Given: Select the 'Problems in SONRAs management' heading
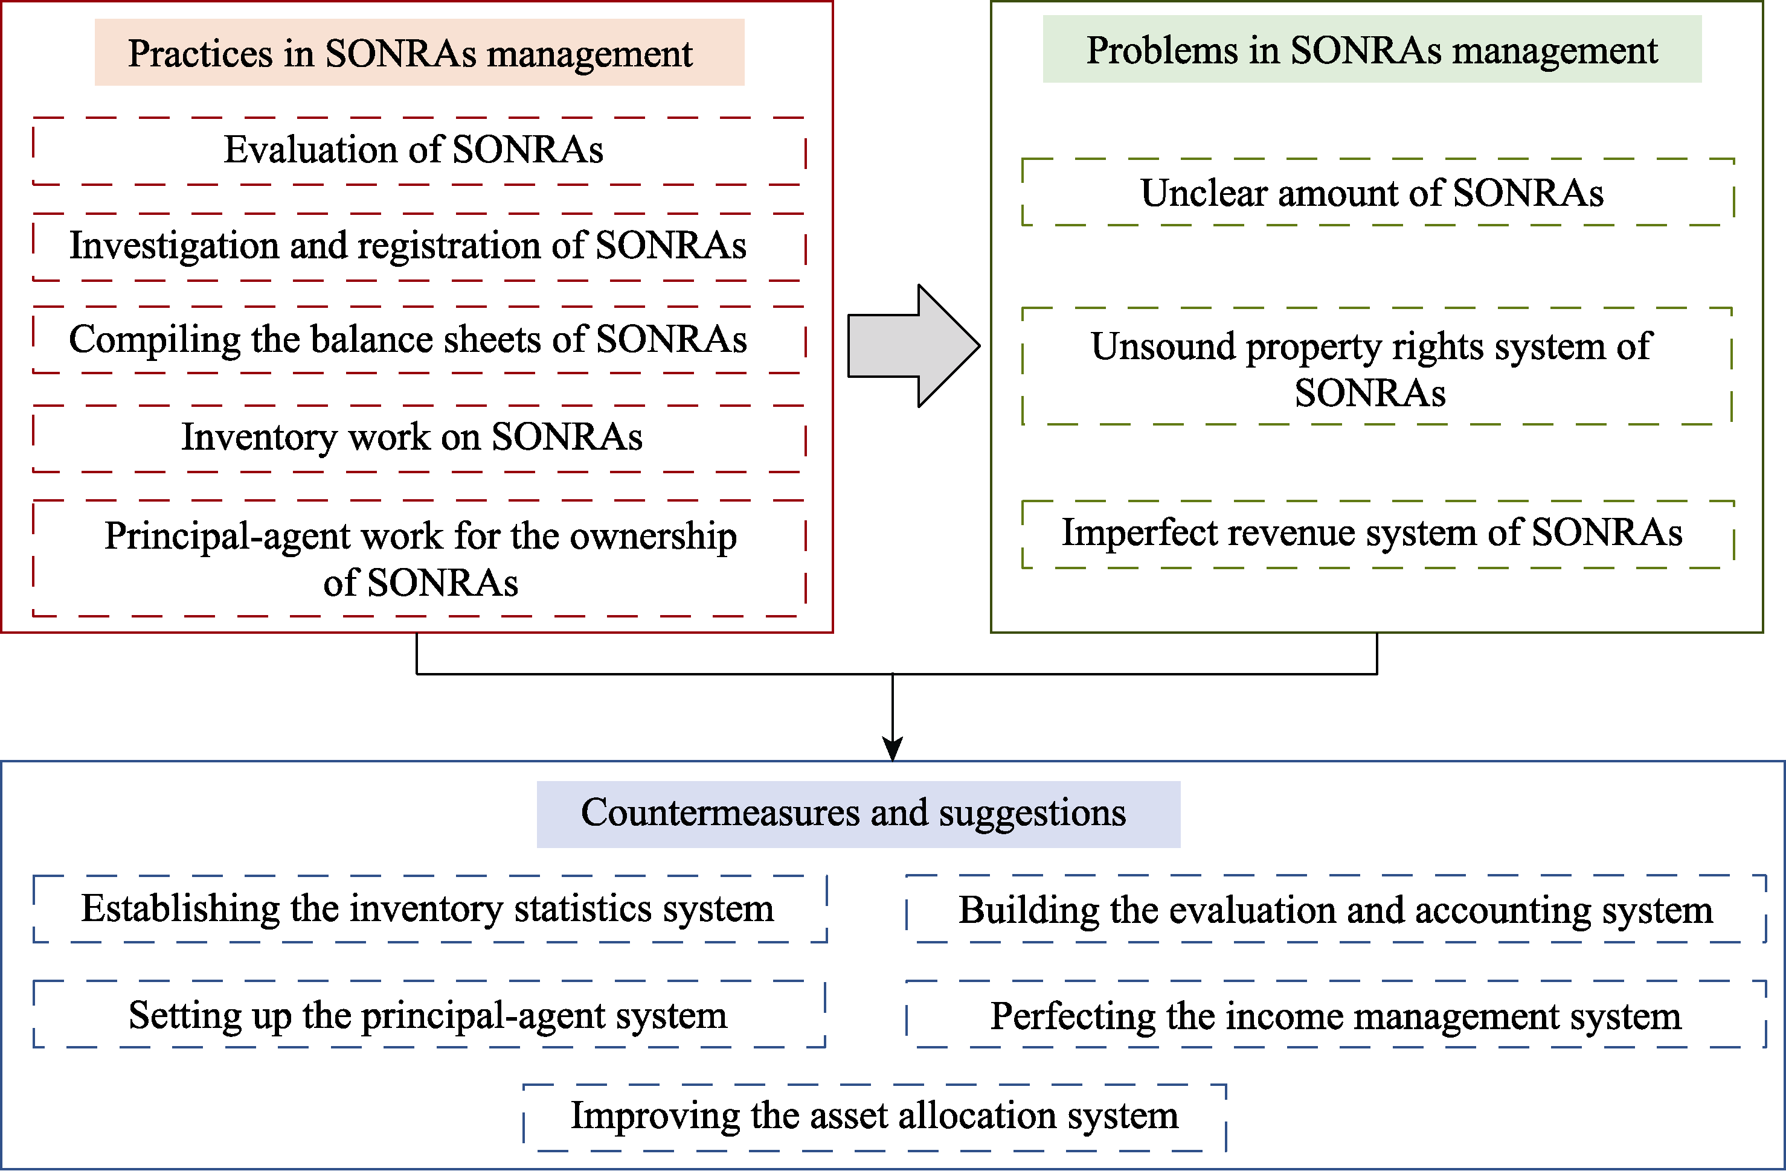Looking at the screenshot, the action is [1372, 49].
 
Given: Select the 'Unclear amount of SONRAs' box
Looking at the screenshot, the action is [1378, 192].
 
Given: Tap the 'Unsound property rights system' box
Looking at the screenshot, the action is [1377, 366].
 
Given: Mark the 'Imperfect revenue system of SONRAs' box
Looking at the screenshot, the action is [1378, 534].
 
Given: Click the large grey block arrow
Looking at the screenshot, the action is [913, 346].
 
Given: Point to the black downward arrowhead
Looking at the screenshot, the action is [892, 750].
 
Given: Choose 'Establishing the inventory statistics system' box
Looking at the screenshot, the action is [430, 908].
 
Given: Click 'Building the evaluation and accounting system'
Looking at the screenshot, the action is [1336, 908].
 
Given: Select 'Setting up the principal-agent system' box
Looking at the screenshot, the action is [429, 1014].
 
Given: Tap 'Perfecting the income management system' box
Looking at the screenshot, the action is [1336, 1014].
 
